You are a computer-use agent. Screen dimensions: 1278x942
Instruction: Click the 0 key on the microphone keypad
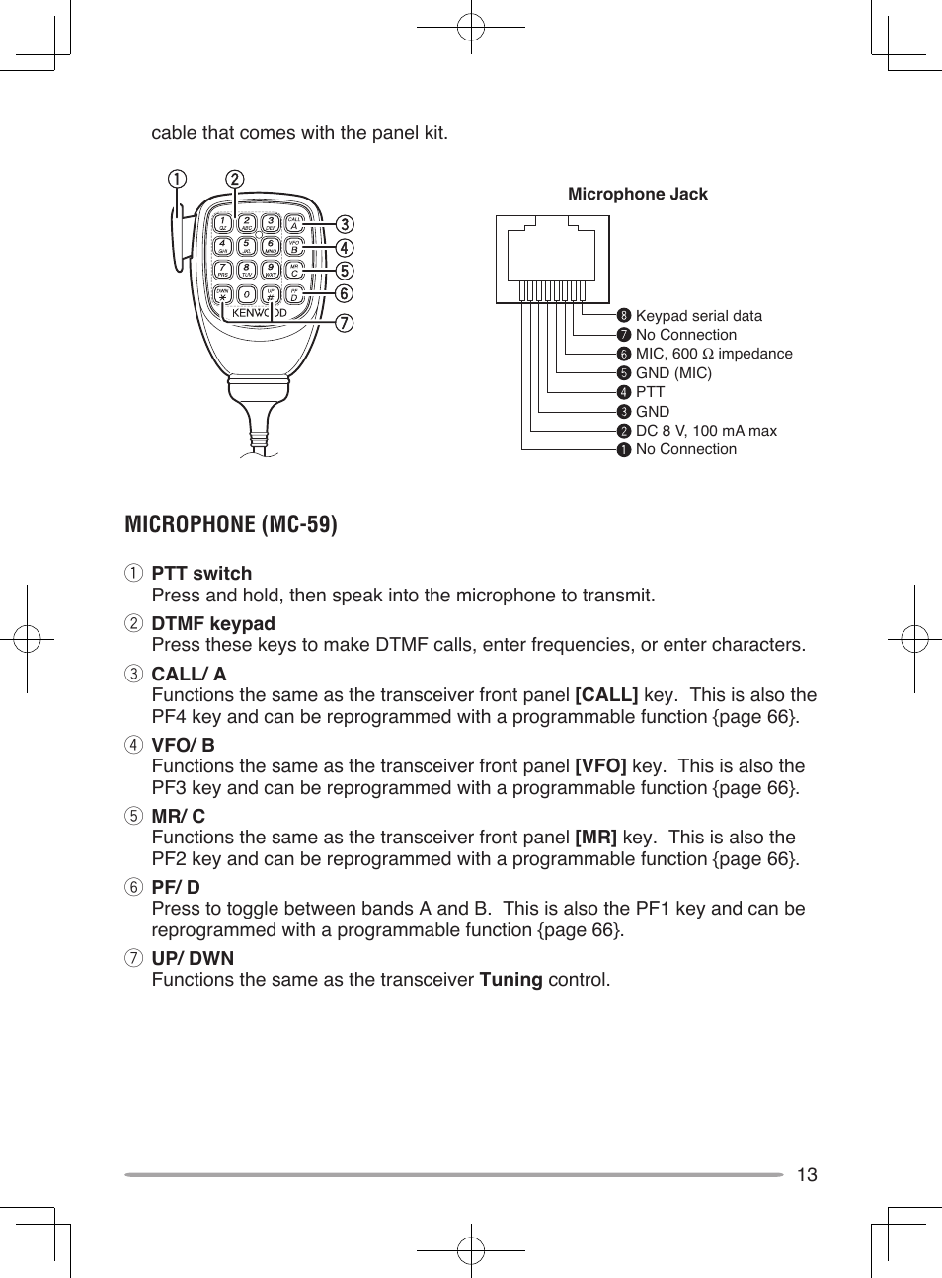[247, 294]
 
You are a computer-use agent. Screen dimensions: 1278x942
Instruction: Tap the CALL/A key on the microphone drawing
[294, 223]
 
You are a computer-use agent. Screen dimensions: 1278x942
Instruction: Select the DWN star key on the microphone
[223, 294]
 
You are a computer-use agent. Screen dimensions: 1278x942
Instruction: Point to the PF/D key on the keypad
[294, 294]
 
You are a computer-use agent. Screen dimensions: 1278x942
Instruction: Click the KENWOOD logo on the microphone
[259, 313]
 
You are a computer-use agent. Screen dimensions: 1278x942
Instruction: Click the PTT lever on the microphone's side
[178, 242]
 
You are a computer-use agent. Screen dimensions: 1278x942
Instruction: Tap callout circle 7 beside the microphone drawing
[344, 323]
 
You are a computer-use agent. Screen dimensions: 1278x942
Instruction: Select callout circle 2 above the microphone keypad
[234, 179]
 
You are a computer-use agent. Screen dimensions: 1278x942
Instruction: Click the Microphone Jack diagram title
[637, 194]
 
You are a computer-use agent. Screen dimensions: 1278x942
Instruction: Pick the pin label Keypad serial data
[698, 316]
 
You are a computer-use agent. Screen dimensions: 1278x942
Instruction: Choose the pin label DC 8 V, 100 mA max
[705, 431]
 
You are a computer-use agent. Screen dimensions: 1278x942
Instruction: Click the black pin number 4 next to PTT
[623, 392]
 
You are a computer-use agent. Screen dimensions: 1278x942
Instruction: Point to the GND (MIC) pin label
[672, 373]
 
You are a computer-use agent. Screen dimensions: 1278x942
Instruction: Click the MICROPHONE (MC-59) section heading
[231, 523]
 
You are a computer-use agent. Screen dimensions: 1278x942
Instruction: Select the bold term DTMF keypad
[213, 623]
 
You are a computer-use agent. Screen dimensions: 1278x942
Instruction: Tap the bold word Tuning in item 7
[510, 980]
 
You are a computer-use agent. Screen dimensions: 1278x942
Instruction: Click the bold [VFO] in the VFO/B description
[600, 766]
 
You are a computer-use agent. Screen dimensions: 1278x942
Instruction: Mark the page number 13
[807, 1174]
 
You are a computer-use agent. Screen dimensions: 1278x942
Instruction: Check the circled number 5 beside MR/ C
[133, 816]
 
